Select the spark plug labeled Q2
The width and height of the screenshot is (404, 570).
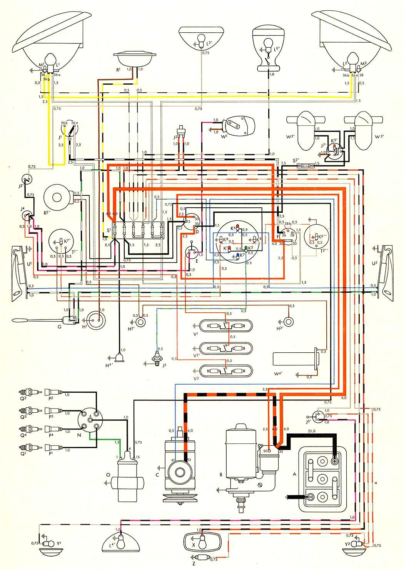(x=29, y=392)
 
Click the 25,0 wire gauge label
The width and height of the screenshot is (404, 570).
(x=311, y=431)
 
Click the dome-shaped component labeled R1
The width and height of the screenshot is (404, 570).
(x=137, y=59)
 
